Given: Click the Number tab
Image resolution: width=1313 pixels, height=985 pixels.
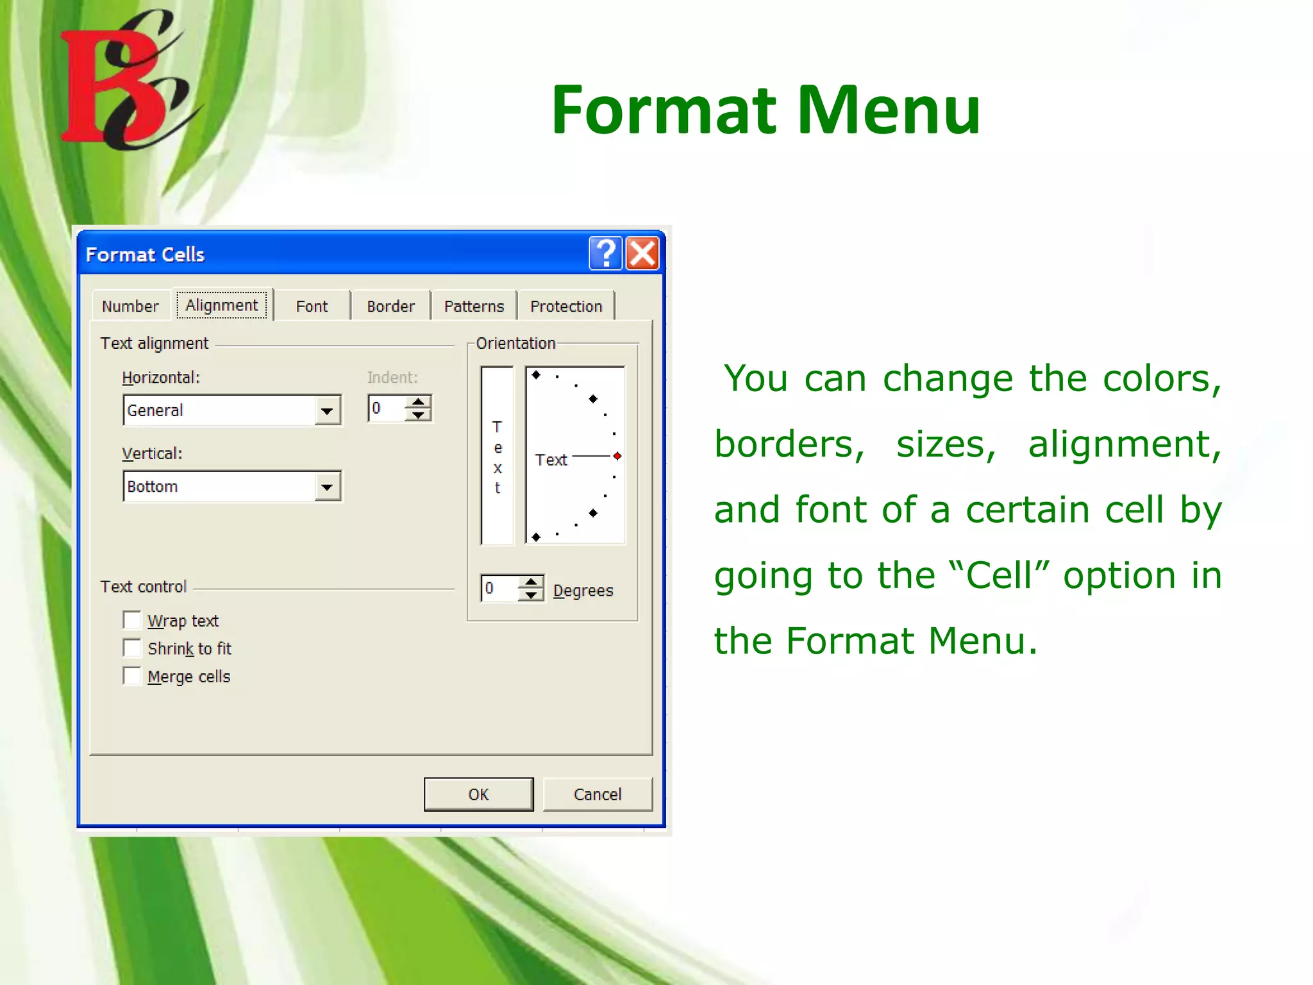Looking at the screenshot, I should (x=130, y=307).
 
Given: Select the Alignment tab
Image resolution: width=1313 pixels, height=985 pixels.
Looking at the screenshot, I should (x=222, y=305).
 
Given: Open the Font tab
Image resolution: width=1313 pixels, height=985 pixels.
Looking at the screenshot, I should (x=312, y=307).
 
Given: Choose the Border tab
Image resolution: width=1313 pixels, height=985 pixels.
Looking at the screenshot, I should (x=390, y=307).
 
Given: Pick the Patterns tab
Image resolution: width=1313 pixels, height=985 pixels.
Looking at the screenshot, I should (x=474, y=307).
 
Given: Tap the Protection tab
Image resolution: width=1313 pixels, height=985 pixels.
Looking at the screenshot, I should (x=566, y=307).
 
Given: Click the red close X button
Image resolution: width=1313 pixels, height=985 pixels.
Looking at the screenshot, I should (x=642, y=253).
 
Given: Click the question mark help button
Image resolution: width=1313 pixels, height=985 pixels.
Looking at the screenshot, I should (x=605, y=253).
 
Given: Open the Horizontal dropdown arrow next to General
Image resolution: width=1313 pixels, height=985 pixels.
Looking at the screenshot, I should (x=327, y=410).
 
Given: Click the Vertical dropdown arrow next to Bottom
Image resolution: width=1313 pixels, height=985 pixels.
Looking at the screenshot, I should (x=327, y=487).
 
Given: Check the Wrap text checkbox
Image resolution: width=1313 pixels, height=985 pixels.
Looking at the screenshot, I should (x=132, y=620).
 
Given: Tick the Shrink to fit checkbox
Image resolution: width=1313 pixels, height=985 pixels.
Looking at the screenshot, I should (x=132, y=648).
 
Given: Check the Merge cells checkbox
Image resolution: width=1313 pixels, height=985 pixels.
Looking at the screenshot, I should (x=132, y=676).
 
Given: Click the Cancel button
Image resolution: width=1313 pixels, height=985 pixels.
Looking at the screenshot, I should (x=598, y=795).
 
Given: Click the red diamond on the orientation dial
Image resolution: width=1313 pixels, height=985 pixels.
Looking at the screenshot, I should (x=617, y=456).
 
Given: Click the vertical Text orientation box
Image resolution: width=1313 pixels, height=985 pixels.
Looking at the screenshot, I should (x=498, y=456).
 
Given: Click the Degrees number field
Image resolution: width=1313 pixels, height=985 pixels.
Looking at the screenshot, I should (x=500, y=588).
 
